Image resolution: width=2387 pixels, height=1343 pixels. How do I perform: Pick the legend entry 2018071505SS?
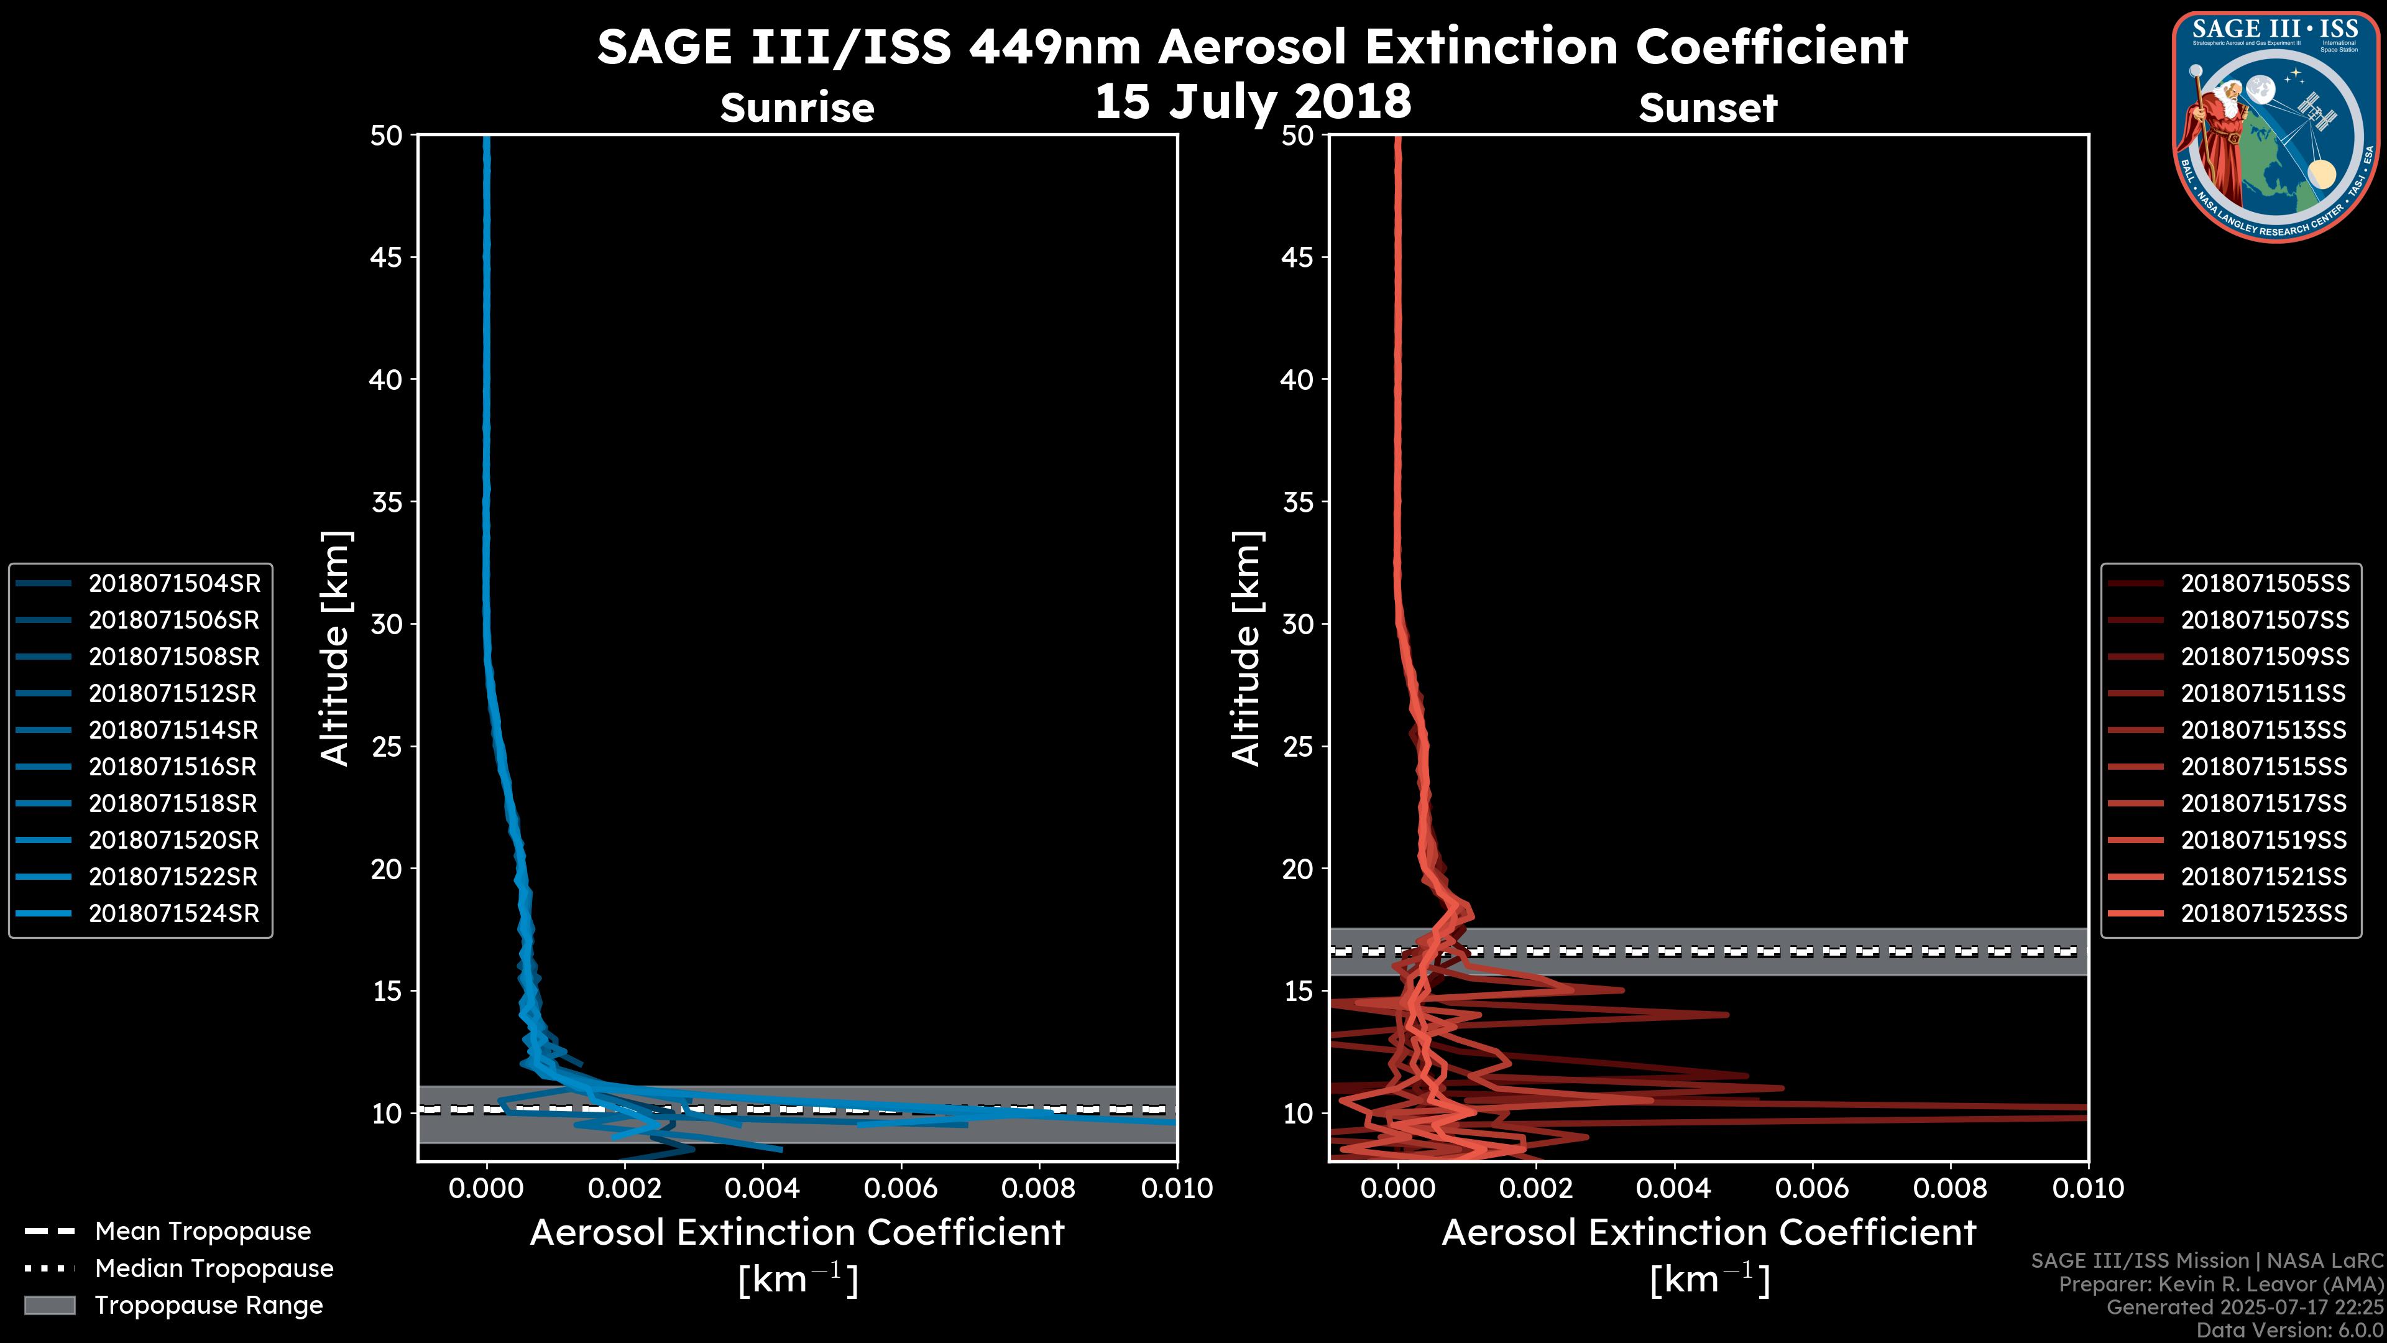click(2265, 583)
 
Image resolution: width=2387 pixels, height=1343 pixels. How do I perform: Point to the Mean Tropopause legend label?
click(203, 1231)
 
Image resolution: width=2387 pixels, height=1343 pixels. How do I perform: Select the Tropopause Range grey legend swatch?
click(49, 1305)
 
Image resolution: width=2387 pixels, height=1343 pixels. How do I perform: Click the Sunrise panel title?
click(797, 108)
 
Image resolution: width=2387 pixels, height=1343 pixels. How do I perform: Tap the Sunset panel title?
click(1708, 108)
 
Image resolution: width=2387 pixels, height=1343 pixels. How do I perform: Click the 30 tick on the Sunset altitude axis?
click(1298, 624)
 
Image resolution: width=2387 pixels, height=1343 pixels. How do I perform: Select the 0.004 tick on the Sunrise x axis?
click(761, 1188)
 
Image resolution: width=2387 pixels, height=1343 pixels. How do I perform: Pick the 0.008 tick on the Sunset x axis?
click(1951, 1188)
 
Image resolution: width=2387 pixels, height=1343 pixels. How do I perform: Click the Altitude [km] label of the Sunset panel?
click(1246, 648)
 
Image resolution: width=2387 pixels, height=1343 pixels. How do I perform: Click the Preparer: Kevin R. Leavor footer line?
click(2220, 1284)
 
